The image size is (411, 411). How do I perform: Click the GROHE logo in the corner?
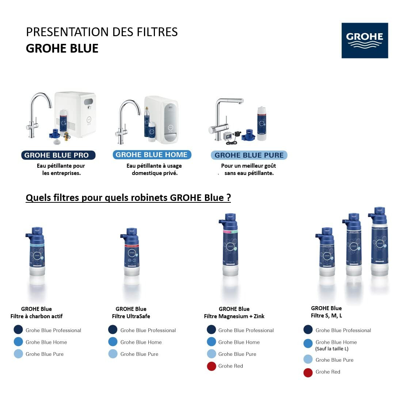click(x=365, y=41)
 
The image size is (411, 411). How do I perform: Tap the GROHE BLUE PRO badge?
click(x=58, y=155)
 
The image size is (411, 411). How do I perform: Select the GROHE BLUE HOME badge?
click(x=152, y=155)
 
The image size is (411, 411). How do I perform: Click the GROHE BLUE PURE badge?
click(x=249, y=155)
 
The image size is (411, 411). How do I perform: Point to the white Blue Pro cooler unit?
click(x=76, y=114)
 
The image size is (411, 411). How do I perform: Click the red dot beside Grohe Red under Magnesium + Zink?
click(x=212, y=366)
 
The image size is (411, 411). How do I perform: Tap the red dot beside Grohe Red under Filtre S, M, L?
click(x=308, y=372)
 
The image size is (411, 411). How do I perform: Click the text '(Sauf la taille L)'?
click(x=332, y=349)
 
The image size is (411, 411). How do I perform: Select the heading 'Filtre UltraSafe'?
click(x=131, y=316)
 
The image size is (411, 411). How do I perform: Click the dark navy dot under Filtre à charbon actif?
click(x=18, y=330)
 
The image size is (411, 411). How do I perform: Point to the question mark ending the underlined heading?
click(x=228, y=198)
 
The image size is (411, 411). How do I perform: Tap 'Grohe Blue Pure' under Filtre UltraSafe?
click(x=139, y=354)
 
